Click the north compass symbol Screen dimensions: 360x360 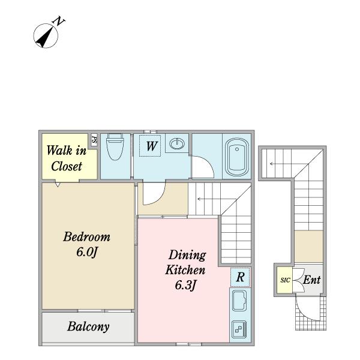click(x=46, y=36)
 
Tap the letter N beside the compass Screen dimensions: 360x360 click(x=58, y=21)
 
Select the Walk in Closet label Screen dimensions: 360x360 click(x=67, y=158)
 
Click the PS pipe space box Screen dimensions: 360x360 click(x=94, y=139)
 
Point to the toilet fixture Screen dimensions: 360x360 click(x=115, y=147)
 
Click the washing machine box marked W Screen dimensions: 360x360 click(x=150, y=146)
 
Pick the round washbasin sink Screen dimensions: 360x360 click(x=177, y=144)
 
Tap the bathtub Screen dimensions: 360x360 click(x=237, y=157)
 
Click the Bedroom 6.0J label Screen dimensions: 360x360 click(x=87, y=244)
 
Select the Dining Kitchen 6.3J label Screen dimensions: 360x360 click(x=185, y=270)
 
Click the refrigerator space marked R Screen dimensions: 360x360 click(x=240, y=277)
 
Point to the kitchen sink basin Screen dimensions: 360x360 click(x=239, y=301)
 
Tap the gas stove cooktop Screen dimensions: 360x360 click(x=239, y=329)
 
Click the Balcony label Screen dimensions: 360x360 click(x=88, y=327)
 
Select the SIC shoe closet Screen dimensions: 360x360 click(x=284, y=280)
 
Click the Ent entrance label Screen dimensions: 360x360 click(x=312, y=280)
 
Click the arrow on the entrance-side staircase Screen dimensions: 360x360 click(x=289, y=164)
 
